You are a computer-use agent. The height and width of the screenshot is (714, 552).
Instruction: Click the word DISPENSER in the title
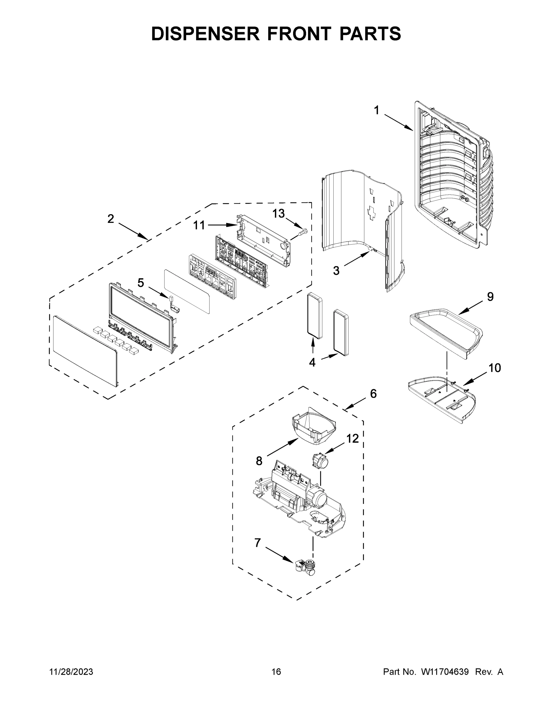point(205,34)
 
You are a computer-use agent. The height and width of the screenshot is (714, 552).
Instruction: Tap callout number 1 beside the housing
point(376,110)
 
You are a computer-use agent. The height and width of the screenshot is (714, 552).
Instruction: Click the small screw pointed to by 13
point(303,232)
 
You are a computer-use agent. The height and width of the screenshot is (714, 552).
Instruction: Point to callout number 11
point(199,225)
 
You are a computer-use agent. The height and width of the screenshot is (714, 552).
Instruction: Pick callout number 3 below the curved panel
point(336,271)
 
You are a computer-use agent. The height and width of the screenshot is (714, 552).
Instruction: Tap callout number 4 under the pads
point(312,362)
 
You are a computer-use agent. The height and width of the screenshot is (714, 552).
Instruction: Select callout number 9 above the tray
point(490,297)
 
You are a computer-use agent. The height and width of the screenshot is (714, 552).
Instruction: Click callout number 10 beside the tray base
point(495,368)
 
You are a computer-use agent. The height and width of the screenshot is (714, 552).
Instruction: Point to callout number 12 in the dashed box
point(352,439)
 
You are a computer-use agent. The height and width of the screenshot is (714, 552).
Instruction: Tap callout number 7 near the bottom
point(258,543)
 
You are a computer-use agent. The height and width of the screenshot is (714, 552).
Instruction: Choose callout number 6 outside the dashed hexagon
point(373,394)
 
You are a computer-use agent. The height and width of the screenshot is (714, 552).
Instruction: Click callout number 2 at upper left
point(111,219)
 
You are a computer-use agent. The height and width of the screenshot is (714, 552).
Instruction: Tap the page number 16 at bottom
point(276,671)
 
